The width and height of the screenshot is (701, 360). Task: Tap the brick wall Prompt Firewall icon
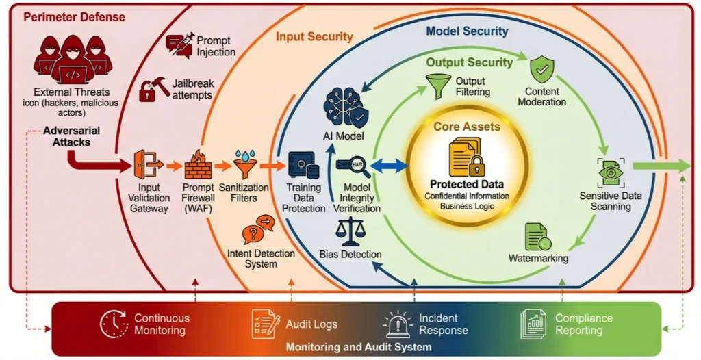(198, 164)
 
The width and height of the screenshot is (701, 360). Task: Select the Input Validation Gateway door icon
(148, 164)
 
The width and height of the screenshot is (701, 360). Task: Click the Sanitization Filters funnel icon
(244, 164)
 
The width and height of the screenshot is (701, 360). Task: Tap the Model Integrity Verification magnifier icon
(353, 166)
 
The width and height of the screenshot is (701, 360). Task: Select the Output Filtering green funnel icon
(438, 86)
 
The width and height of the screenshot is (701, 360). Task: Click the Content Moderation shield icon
(542, 69)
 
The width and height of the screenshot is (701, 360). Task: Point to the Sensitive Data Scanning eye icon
(610, 172)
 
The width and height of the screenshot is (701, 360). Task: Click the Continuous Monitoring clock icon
(114, 324)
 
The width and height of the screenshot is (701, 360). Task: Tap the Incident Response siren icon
(397, 324)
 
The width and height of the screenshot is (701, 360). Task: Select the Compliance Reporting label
(583, 324)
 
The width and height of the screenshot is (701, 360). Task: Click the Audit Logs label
(311, 324)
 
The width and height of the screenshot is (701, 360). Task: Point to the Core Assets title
(466, 126)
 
